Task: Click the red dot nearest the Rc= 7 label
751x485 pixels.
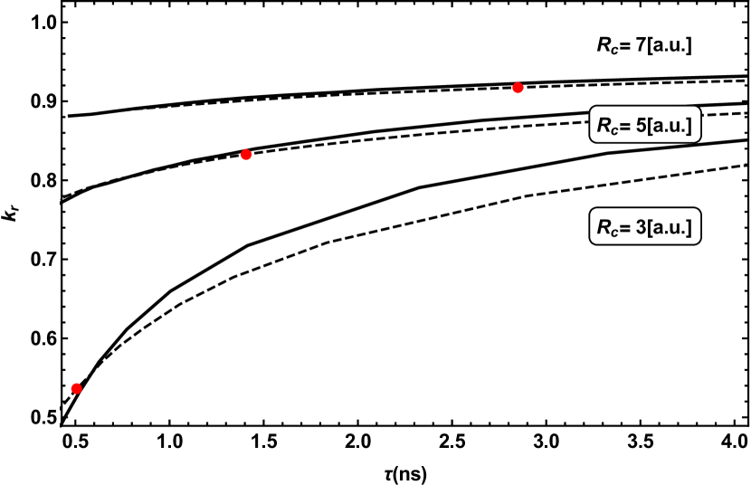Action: tap(518, 88)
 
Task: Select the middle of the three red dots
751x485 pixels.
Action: tap(245, 155)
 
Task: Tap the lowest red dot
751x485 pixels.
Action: tap(76, 388)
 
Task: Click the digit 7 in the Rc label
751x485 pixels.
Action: tap(640, 44)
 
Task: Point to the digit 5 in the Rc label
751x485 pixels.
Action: tap(641, 126)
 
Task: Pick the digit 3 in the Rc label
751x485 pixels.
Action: tap(641, 227)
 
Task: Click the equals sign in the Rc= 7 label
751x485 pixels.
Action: tap(625, 45)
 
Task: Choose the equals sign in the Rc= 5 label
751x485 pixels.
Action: tap(626, 127)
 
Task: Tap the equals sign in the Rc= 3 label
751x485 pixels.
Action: tap(626, 228)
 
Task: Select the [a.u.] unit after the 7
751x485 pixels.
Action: tap(670, 44)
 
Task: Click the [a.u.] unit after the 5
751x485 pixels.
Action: tap(670, 126)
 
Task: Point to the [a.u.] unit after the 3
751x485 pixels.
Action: tap(670, 227)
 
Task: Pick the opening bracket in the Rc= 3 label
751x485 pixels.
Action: tap(651, 227)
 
